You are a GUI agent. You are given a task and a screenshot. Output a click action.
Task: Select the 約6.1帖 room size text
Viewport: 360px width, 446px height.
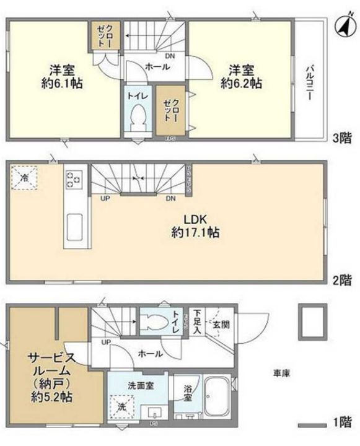(63, 82)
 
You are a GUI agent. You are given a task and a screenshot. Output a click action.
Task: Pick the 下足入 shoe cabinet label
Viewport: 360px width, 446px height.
(197, 321)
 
